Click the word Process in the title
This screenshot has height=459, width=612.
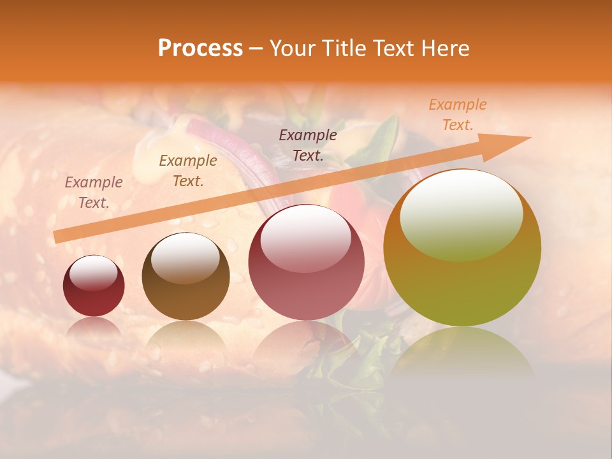coord(200,48)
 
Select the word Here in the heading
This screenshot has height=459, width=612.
coord(445,48)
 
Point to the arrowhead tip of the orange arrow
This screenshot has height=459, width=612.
coord(530,138)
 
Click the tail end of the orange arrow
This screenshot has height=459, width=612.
coord(56,237)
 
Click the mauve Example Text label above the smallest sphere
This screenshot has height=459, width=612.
coord(94,193)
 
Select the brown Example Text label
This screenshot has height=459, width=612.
coord(188,171)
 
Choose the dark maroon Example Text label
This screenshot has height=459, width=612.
coord(308,145)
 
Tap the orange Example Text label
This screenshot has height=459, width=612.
coord(457,115)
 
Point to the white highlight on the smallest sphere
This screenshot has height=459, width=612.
coord(93,272)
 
